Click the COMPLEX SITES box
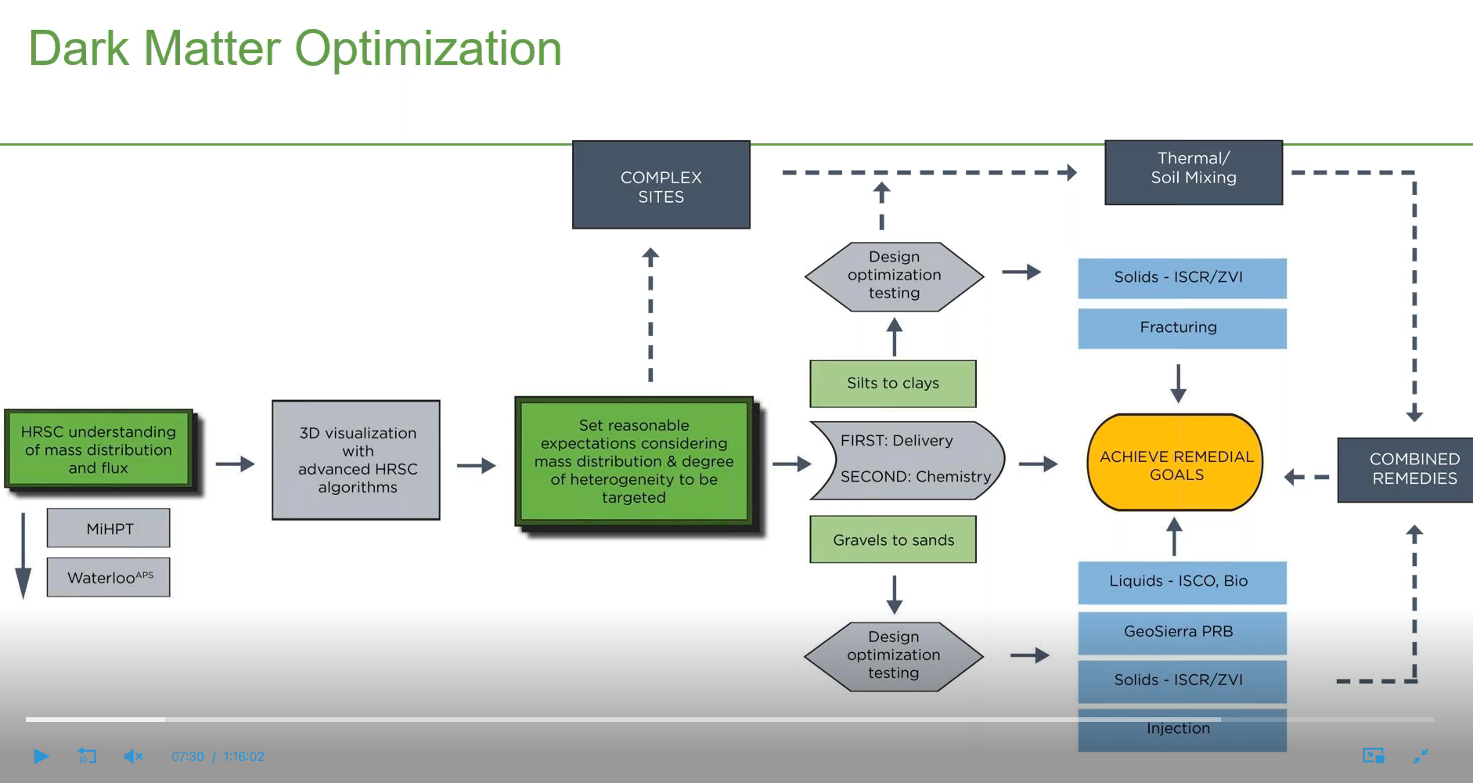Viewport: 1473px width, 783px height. (x=661, y=186)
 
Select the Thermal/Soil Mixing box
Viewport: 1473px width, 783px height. (x=1193, y=172)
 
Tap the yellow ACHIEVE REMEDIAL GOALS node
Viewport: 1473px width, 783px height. (x=1176, y=464)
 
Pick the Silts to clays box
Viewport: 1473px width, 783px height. (x=892, y=383)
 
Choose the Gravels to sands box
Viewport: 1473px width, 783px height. (x=892, y=539)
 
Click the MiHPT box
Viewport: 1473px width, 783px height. (x=109, y=529)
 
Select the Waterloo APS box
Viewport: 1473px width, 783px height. (x=109, y=578)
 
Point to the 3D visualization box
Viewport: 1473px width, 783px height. (x=356, y=460)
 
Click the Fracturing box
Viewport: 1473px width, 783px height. (x=1181, y=327)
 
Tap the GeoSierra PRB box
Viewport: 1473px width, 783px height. (x=1181, y=631)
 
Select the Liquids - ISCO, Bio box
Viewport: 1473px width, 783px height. (x=1181, y=581)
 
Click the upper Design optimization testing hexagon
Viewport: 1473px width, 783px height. (x=894, y=276)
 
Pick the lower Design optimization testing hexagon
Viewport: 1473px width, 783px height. (x=893, y=655)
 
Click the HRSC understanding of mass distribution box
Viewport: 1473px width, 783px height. (x=99, y=449)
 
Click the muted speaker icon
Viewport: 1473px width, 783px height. (x=133, y=756)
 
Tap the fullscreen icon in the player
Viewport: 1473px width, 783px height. (x=1421, y=756)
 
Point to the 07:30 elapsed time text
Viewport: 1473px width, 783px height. (x=187, y=756)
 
